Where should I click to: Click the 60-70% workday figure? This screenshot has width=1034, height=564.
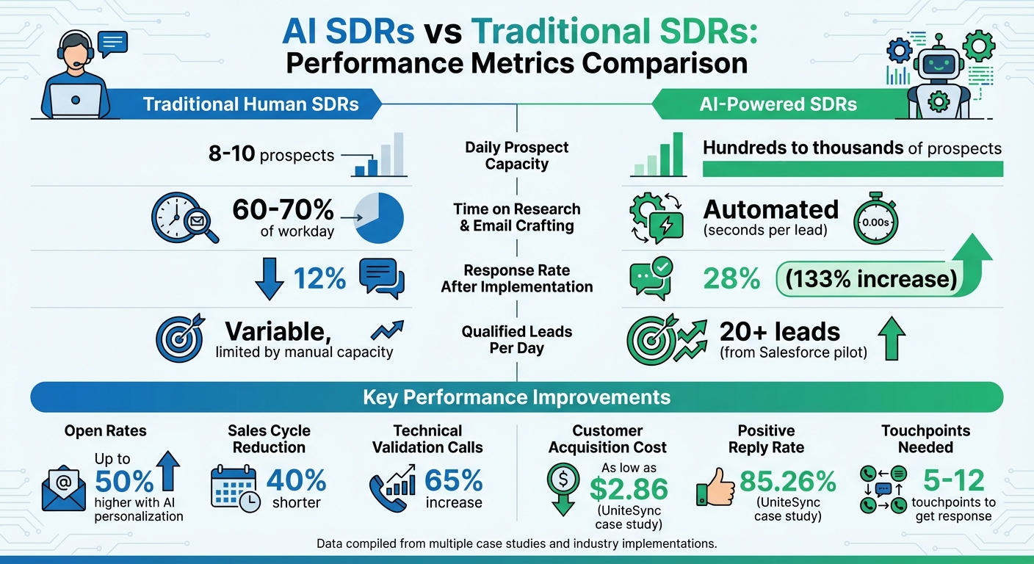(x=283, y=210)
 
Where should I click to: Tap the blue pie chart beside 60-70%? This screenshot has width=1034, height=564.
(x=379, y=219)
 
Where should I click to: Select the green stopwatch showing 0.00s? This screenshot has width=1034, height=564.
(x=876, y=219)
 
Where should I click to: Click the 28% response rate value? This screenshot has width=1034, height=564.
(x=731, y=279)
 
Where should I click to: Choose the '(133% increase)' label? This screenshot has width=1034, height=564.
(x=870, y=279)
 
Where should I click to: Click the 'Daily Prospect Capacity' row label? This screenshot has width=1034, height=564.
(x=517, y=156)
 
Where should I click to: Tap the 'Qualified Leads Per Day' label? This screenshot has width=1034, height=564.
(x=517, y=340)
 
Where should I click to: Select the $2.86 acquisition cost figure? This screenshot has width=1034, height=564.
(x=629, y=488)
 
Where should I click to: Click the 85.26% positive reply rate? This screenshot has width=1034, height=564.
(x=788, y=482)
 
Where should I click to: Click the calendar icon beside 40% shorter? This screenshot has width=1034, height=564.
(x=234, y=487)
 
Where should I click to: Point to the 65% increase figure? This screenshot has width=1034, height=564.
(x=454, y=481)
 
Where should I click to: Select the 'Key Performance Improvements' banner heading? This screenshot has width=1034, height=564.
(x=516, y=397)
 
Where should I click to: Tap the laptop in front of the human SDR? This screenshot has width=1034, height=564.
(x=76, y=101)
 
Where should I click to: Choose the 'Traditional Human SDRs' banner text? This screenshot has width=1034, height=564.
(x=251, y=104)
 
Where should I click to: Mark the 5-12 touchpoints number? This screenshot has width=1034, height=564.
(x=952, y=481)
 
